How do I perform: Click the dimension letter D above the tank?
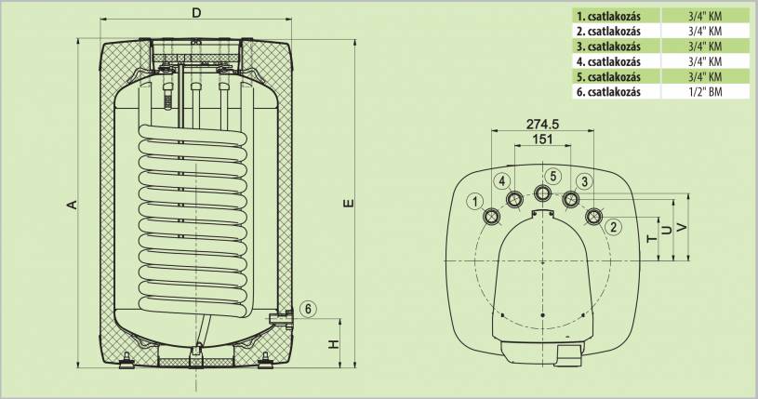coord(196,13)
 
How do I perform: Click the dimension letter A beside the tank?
coord(72,205)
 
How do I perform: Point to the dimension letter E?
coord(349,203)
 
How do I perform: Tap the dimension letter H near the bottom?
coord(334,344)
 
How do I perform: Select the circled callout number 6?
coord(309,309)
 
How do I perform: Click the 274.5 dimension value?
coord(542,124)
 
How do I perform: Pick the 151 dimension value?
coord(542,140)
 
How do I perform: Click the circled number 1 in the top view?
coord(476,201)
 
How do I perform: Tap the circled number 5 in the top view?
coord(553,176)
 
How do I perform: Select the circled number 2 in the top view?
coord(614,226)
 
